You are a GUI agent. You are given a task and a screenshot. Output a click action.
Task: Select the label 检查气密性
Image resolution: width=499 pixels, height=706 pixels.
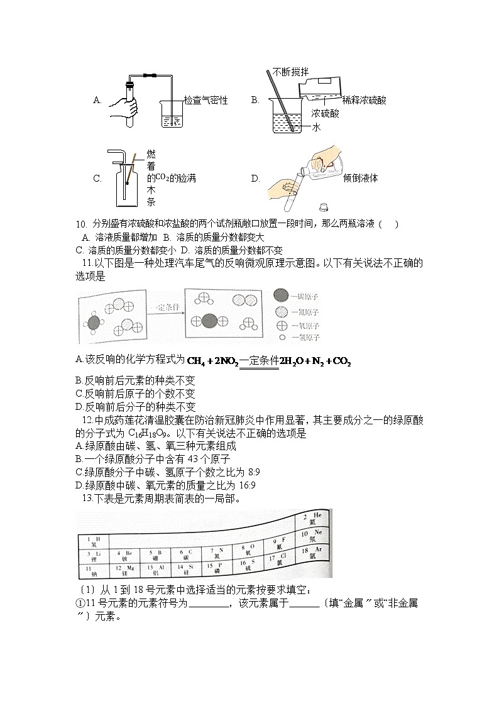pyautogui.click(x=206, y=101)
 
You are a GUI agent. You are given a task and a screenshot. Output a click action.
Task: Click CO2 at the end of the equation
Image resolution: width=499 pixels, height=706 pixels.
pyautogui.click(x=340, y=361)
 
